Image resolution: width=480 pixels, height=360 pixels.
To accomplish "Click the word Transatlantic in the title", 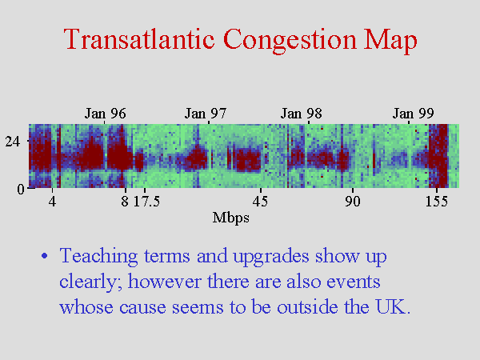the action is (x=138, y=39).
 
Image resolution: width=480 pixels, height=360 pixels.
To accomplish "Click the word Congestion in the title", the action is (x=290, y=41).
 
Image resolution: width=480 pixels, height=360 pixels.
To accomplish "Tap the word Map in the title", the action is (x=390, y=41).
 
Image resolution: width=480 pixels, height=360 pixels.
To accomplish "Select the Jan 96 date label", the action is (x=105, y=114).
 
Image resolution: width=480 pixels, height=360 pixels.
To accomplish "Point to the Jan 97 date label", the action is (x=206, y=114).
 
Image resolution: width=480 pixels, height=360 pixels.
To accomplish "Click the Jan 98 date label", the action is (x=302, y=114).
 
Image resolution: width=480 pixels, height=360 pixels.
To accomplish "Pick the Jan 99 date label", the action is (x=414, y=114).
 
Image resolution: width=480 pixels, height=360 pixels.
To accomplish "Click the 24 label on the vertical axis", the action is (x=12, y=141).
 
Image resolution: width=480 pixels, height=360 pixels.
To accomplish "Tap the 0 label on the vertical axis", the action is (x=20, y=189).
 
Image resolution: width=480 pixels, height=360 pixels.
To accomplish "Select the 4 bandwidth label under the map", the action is (x=52, y=201).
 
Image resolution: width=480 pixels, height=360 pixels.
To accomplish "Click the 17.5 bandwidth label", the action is (x=146, y=201).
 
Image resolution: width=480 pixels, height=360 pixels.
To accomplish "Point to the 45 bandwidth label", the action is (x=260, y=201).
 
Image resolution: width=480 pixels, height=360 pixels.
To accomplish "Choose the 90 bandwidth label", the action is (x=352, y=201).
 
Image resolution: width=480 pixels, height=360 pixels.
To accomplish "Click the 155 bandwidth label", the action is (x=437, y=201).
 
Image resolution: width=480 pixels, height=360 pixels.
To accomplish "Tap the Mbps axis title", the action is (x=231, y=218).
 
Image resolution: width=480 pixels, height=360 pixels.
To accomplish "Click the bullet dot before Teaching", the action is (x=45, y=256).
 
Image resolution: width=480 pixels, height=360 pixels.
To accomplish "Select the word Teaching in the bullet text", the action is (x=98, y=257).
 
